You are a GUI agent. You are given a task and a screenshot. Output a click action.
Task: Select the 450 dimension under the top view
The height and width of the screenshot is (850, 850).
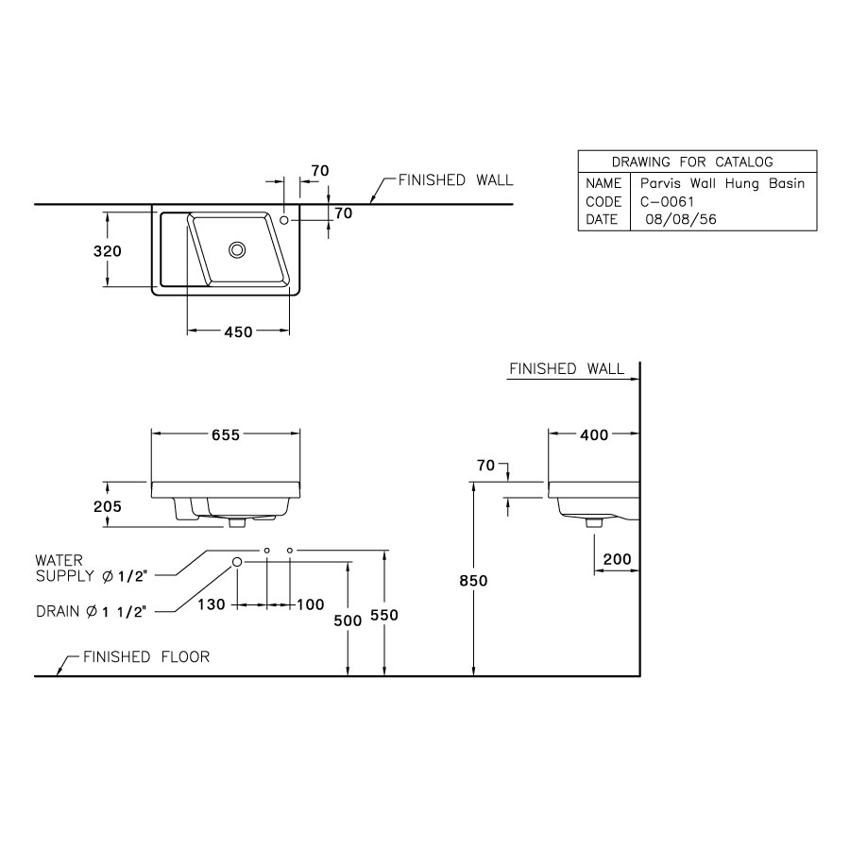[x=238, y=331]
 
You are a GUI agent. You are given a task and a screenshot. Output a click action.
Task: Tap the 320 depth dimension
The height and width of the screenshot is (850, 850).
[x=107, y=251]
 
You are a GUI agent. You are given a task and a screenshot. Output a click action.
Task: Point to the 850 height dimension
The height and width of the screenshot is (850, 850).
[x=473, y=581]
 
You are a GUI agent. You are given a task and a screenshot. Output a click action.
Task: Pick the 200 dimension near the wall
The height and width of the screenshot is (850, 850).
[x=617, y=559]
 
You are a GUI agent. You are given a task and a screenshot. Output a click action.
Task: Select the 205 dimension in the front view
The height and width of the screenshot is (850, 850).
[x=108, y=506]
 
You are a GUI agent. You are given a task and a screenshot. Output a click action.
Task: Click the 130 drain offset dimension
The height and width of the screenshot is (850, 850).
[x=212, y=604]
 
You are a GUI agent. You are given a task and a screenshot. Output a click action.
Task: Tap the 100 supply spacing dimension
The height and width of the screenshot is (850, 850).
[x=310, y=604]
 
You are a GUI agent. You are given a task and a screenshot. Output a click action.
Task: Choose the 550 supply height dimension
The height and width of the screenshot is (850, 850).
[x=383, y=615]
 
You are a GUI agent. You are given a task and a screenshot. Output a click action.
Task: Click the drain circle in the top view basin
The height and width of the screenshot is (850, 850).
[x=237, y=249]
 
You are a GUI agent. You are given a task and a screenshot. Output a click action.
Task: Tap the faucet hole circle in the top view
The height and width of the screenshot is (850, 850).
[x=284, y=219]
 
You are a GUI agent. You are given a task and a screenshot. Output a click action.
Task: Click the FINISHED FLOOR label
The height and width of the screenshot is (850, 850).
[x=145, y=656]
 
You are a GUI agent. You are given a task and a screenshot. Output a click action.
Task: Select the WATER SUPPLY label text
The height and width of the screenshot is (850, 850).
[x=92, y=567]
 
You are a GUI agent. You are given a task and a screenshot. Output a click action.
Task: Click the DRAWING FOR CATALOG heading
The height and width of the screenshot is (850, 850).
[x=692, y=161]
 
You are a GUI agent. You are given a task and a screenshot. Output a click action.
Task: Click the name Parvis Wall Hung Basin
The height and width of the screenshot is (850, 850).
[x=722, y=183]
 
